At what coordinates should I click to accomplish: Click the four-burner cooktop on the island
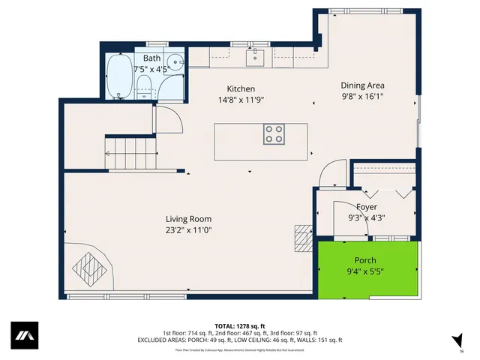click(x=274, y=134)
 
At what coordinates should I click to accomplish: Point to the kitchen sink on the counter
click(x=255, y=55)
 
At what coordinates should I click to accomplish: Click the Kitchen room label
click(x=241, y=88)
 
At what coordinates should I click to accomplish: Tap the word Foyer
click(x=367, y=207)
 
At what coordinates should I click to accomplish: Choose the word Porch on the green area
click(x=366, y=260)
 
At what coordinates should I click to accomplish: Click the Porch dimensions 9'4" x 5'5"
click(x=366, y=271)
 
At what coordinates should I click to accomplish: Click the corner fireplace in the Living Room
click(x=88, y=266)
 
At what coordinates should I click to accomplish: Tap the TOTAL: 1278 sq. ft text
click(x=240, y=326)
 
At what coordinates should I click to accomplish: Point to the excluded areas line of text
click(x=240, y=340)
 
